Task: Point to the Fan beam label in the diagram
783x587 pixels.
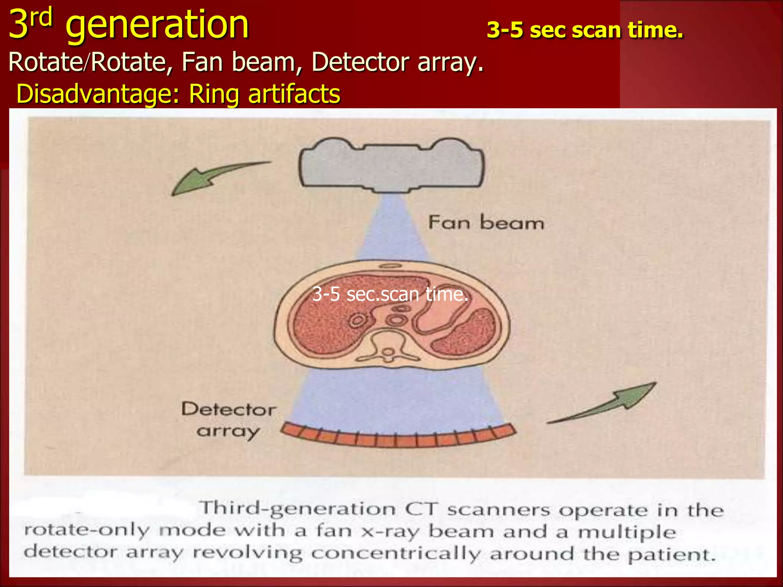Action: [x=486, y=222]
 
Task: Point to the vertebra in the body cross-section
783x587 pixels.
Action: [x=388, y=346]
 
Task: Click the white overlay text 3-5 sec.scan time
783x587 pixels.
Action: [x=390, y=294]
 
